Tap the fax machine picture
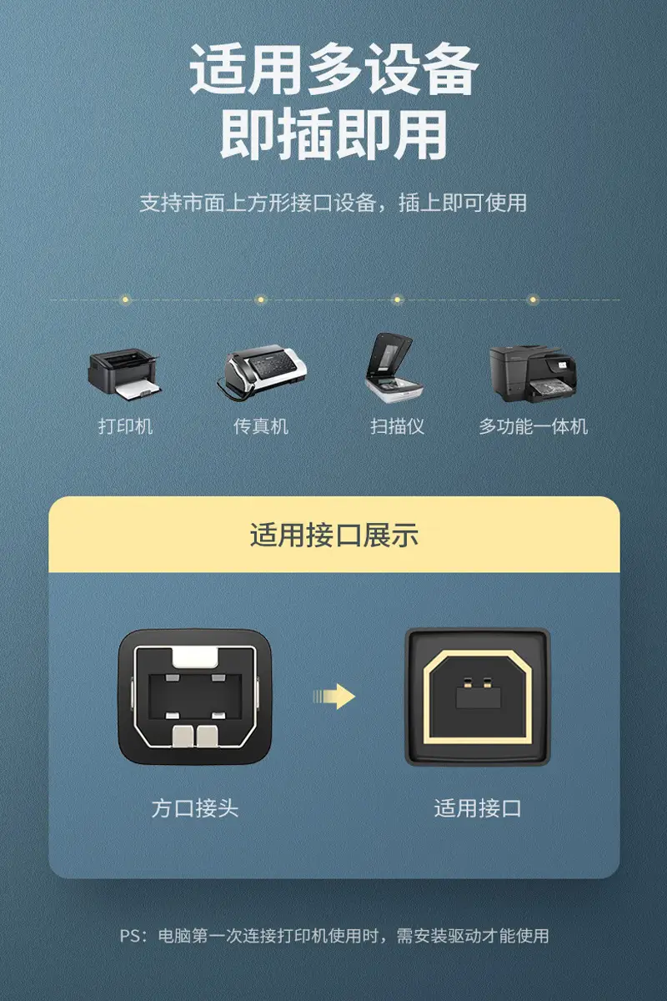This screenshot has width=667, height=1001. coord(262,370)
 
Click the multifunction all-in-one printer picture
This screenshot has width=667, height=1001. coord(533,373)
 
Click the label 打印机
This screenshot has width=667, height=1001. coord(126,426)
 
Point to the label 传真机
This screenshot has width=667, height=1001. coord(261,426)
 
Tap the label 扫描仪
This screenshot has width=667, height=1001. coord(397,426)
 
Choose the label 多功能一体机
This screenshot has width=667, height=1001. coord(533,426)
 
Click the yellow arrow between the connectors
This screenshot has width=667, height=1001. coord(334,697)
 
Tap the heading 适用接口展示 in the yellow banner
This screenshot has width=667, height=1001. coord(334,535)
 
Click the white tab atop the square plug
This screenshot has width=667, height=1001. coord(195,656)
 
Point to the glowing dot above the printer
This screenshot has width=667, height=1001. coord(126,299)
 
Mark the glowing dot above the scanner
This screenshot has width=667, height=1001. coord(397,299)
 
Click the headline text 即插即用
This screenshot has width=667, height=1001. coord(333,134)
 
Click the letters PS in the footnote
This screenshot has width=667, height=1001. coord(129,935)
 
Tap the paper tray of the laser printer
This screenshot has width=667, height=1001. coord(137,390)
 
